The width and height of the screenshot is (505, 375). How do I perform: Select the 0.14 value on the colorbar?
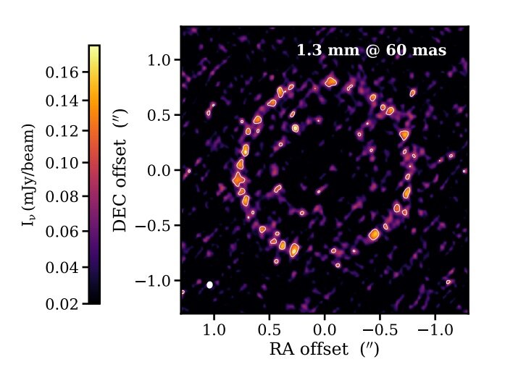click(62, 101)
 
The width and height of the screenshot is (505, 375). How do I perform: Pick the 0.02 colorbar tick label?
click(62, 304)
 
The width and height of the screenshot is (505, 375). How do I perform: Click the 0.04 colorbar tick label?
click(62, 268)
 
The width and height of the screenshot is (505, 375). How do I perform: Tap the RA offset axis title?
click(324, 349)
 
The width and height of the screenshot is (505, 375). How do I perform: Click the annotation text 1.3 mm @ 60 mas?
click(371, 51)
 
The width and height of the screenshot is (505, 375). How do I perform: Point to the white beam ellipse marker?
click(209, 285)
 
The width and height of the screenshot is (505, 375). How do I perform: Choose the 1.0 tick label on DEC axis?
click(160, 60)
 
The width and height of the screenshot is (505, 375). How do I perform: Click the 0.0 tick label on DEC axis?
click(160, 171)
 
